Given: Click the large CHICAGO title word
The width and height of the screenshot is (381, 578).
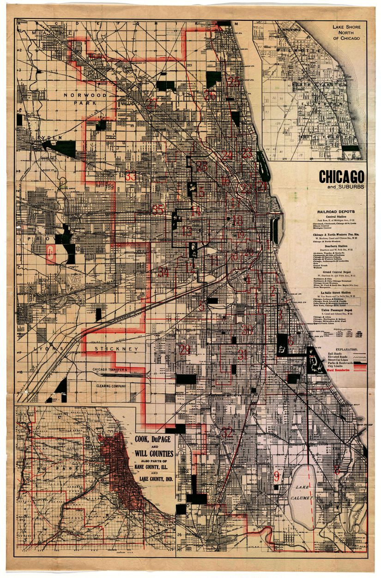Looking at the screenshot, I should pyautogui.click(x=341, y=177).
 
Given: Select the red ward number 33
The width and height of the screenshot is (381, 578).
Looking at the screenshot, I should pyautogui.click(x=131, y=176).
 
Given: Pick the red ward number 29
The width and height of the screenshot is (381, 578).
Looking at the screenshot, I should pyautogui.click(x=185, y=349).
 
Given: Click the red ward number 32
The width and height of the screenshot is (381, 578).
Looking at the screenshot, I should pyautogui.click(x=227, y=433).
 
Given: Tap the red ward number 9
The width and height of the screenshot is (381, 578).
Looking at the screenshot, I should pyautogui.click(x=276, y=476).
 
